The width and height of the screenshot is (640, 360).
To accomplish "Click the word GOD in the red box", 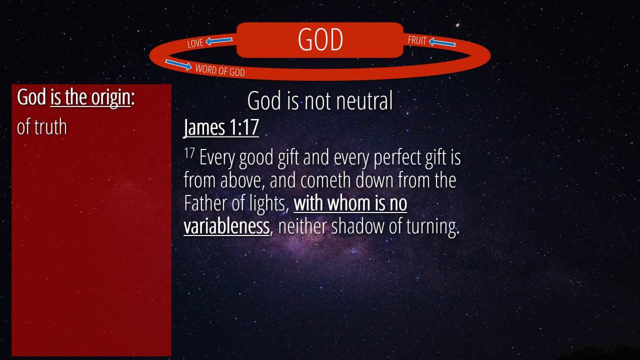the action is (x=320, y=39).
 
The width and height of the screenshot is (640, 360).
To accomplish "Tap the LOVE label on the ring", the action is (x=195, y=43).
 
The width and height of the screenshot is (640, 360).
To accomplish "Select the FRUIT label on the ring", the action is (x=417, y=40).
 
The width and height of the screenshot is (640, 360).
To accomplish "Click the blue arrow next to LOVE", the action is (x=219, y=41).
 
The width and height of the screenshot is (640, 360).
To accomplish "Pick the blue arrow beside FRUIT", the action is (x=442, y=42).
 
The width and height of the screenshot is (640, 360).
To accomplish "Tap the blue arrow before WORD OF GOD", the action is (x=178, y=64).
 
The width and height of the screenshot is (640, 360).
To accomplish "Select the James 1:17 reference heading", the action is (x=221, y=127).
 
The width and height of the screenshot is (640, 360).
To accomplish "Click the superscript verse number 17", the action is (x=189, y=153).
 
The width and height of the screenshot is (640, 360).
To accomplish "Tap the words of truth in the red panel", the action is (x=41, y=127).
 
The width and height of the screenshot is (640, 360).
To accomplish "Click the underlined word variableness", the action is (x=226, y=226).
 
